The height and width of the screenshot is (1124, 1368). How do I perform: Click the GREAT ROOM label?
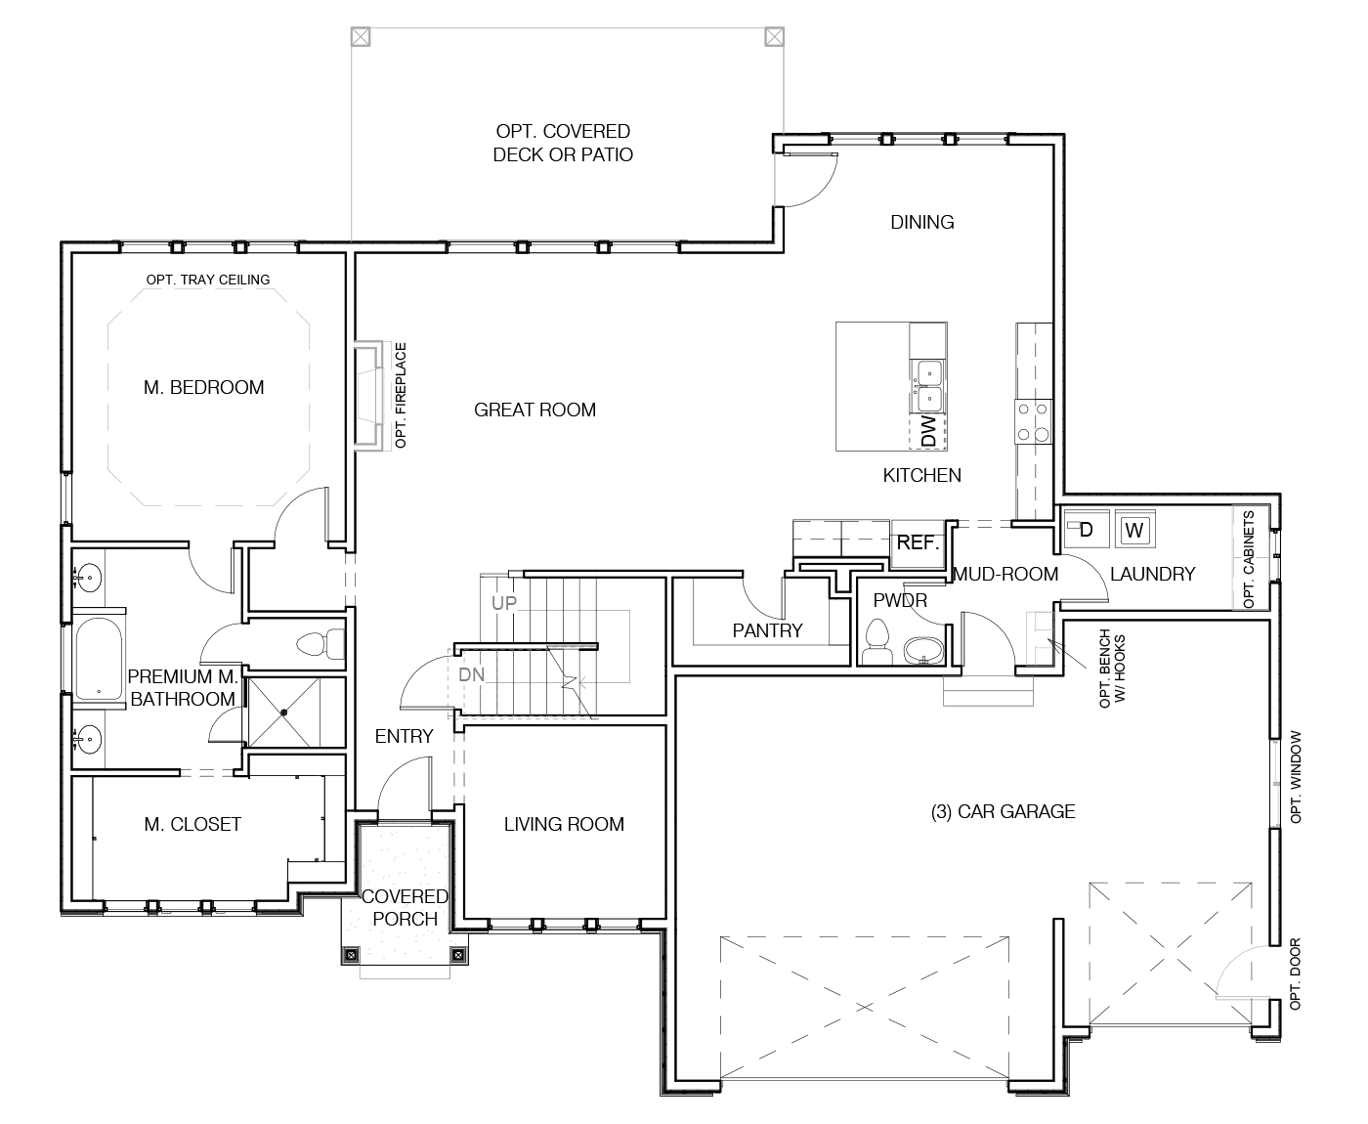coord(534,411)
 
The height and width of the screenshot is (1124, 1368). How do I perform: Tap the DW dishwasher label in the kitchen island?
coord(928,431)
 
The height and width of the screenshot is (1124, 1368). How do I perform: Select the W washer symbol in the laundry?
coord(1133,530)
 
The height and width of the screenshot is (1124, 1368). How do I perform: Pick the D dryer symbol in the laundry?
coord(1085,530)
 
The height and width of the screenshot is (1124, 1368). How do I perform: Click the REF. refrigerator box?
coord(918,543)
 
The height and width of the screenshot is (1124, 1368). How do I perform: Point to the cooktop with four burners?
coord(1033,422)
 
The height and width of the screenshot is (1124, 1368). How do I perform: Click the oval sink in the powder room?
coord(923,650)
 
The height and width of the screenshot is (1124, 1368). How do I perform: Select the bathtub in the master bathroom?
coord(99,658)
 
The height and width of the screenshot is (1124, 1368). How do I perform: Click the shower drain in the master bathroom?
coord(283,713)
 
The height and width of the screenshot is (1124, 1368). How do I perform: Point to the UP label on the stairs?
coord(504,603)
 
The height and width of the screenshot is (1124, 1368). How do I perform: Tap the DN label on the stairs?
coord(472,675)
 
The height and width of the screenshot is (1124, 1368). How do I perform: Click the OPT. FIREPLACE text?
coord(401,395)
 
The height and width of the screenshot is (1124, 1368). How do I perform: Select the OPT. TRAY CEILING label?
coord(207,280)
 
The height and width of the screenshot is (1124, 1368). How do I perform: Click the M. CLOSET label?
coord(192,824)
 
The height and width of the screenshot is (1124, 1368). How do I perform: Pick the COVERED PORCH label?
coord(405,908)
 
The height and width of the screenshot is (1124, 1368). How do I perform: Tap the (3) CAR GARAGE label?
coord(1003,812)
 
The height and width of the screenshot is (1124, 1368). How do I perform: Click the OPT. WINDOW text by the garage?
coord(1296,777)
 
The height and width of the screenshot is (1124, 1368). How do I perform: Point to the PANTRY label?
coord(767,630)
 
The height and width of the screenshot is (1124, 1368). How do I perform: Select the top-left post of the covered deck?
coord(361,37)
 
